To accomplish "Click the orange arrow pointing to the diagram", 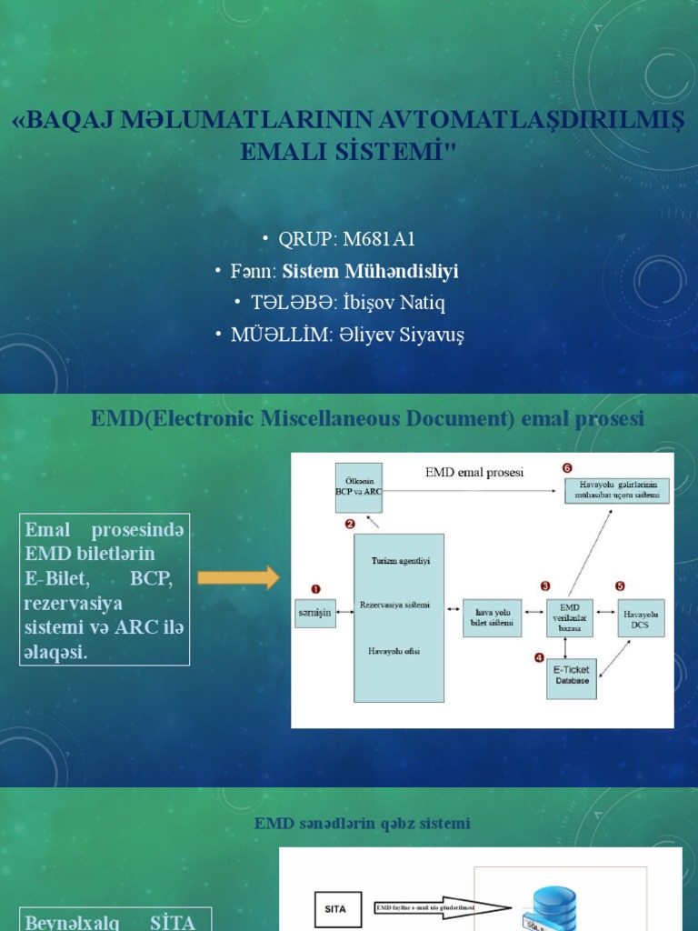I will (x=237, y=577).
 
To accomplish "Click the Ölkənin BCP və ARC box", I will (x=360, y=486).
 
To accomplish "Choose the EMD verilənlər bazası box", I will (x=569, y=616).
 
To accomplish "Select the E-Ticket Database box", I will (x=571, y=675).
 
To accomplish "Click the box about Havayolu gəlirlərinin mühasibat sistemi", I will (x=617, y=490).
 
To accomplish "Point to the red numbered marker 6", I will (x=567, y=468).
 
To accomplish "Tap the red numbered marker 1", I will (x=315, y=589).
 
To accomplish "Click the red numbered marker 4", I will (x=539, y=657).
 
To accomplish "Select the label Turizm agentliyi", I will (x=399, y=561).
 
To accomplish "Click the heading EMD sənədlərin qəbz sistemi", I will (x=362, y=824).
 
